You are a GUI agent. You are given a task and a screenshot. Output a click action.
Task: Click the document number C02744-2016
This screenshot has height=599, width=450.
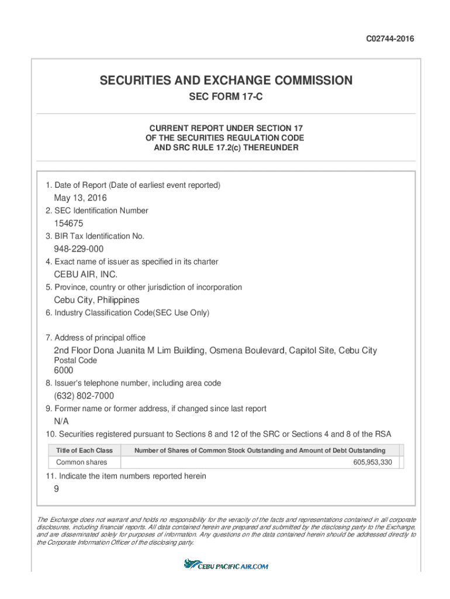click(390, 39)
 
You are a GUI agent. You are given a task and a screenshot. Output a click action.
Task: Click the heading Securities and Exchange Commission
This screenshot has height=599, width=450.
click(226, 80)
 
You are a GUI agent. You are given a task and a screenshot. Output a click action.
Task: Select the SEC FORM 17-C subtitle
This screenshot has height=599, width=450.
click(226, 97)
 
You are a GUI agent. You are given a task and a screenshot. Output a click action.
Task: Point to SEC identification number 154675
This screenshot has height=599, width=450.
click(68, 223)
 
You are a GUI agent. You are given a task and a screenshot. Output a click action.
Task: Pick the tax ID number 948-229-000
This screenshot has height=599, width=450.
click(79, 249)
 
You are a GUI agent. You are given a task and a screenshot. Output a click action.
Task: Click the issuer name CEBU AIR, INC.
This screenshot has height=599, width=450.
click(86, 274)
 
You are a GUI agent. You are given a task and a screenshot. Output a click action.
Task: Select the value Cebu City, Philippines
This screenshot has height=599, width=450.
click(96, 300)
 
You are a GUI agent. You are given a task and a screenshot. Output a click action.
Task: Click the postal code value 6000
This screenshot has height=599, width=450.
click(64, 370)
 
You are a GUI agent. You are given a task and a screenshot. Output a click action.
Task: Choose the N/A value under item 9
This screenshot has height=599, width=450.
click(61, 421)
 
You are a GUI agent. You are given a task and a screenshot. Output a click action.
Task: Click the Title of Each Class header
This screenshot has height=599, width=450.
click(84, 450)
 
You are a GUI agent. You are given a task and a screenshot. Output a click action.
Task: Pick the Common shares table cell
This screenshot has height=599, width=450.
click(82, 463)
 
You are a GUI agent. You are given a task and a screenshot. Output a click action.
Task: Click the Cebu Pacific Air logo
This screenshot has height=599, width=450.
click(226, 565)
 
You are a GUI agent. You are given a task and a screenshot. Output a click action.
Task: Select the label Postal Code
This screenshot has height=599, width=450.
click(75, 360)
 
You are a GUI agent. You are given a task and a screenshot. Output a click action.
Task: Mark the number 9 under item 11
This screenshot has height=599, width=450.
click(56, 490)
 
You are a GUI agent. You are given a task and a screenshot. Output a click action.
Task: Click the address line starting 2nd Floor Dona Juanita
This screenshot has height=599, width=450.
click(215, 350)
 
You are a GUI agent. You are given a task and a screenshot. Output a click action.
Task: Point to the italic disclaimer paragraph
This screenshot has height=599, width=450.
click(226, 531)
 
